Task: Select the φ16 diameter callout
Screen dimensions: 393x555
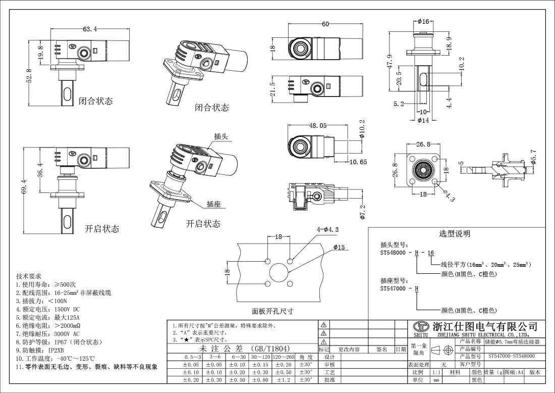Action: pos(423,22)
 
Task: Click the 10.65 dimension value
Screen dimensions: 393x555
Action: pos(357,162)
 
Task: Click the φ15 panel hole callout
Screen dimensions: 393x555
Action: pos(339,247)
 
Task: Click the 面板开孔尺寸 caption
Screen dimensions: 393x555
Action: pos(272,311)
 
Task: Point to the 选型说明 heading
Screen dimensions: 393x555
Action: pos(454,233)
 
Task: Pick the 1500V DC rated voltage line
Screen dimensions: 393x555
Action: pos(48,309)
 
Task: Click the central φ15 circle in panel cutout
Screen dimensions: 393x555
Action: pos(279,272)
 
